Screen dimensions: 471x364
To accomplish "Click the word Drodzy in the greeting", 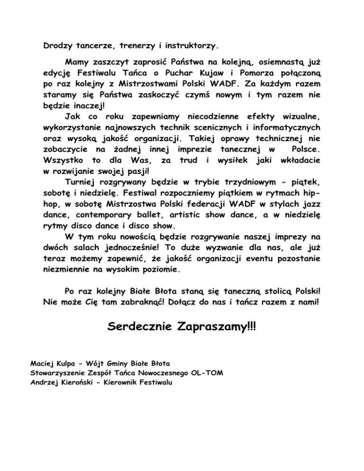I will [x=56, y=46].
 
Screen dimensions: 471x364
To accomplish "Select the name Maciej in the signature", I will [x=41, y=364].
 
